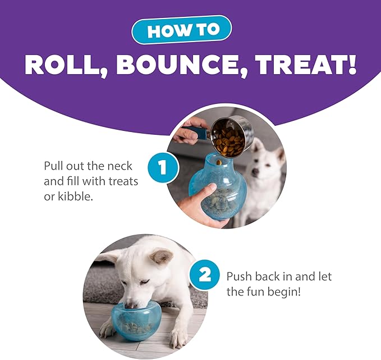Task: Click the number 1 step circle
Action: (x=163, y=167)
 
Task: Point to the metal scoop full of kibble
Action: (x=229, y=136)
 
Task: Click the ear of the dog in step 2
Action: (x=162, y=257)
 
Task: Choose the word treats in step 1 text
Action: (x=120, y=181)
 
